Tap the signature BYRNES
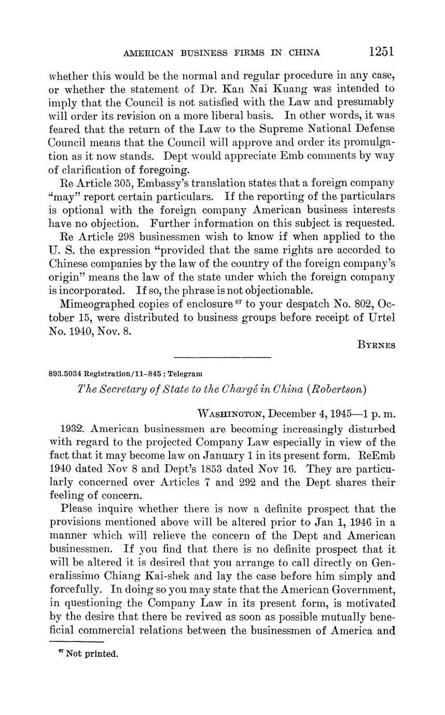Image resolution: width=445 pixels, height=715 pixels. coord(377,346)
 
